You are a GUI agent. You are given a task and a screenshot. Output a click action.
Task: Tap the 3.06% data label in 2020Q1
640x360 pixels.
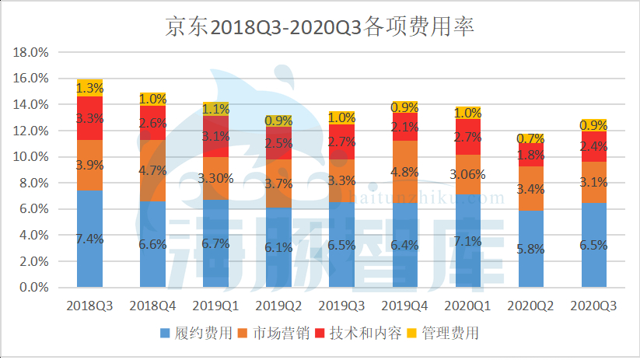tap(468, 173)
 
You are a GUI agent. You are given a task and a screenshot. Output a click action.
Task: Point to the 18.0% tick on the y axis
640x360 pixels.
tap(32, 52)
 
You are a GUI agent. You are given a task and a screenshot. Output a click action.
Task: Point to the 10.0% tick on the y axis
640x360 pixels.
tap(32, 157)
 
